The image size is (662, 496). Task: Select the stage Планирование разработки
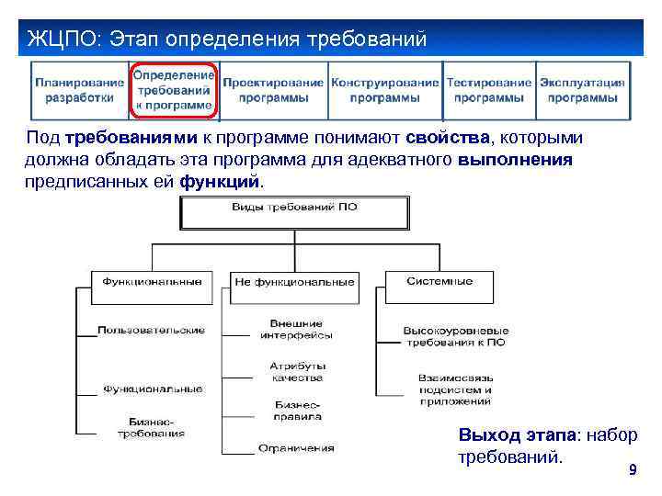pos(80,89)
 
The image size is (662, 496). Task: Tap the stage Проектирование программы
pos(274,89)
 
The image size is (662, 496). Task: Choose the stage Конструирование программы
pos(385,89)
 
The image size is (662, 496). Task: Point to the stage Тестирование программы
pos(490,89)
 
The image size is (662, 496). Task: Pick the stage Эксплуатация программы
pos(583,89)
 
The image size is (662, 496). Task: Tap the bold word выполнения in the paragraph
pos(515,160)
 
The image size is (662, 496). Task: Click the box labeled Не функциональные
pos(294,282)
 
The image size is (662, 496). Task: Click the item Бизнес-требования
pos(150,427)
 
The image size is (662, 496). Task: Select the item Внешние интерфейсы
pos(296,329)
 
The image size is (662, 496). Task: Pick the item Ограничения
pos(296,448)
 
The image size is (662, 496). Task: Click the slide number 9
pos(632,470)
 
